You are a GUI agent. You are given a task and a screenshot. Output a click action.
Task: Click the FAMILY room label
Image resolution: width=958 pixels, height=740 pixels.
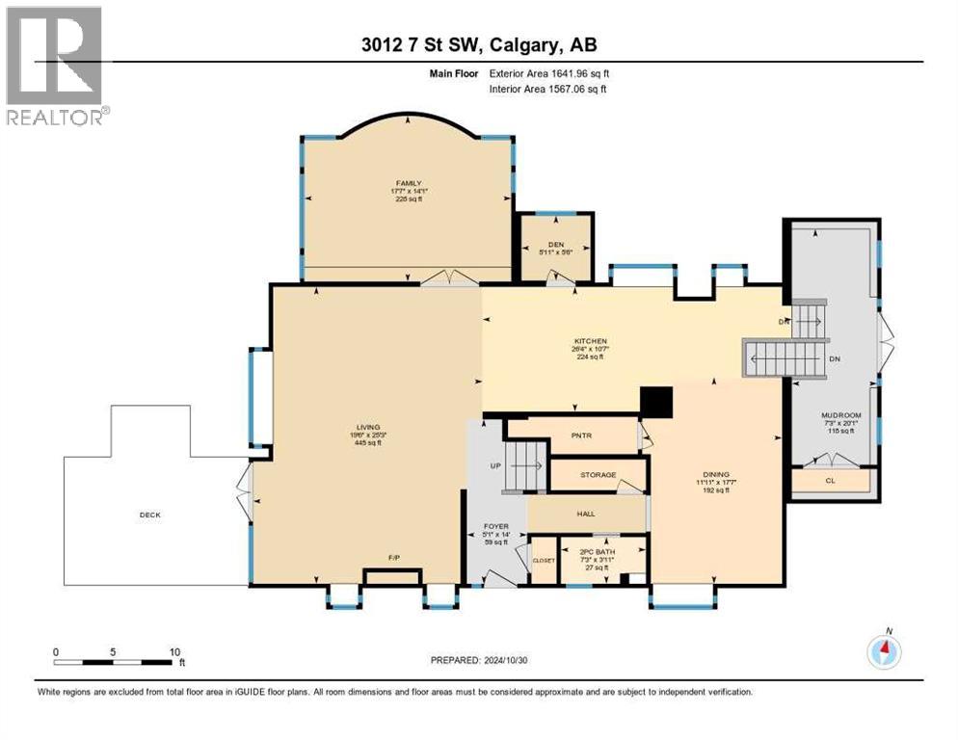[409, 182]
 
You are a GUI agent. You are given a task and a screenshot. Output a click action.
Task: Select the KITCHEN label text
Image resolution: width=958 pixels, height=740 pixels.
[591, 341]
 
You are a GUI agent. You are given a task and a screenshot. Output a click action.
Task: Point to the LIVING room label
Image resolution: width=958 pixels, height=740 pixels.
[367, 427]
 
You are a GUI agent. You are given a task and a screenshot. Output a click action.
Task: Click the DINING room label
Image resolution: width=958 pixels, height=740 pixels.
[716, 473]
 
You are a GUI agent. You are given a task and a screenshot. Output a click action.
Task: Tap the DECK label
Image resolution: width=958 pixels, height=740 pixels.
[149, 515]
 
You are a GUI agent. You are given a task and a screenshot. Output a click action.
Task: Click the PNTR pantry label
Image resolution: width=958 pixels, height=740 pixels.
[580, 436]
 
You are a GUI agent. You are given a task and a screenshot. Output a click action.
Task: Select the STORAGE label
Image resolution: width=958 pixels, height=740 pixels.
[597, 475]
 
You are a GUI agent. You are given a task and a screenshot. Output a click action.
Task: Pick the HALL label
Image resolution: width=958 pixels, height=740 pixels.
[586, 515]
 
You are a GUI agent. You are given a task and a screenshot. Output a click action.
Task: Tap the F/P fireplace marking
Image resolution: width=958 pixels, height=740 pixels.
[393, 558]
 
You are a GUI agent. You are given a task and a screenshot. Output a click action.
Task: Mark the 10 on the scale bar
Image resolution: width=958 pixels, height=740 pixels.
[175, 651]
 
